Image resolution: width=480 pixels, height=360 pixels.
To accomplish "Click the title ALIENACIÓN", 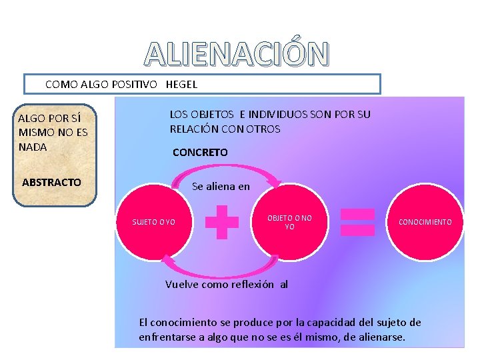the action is pos(237,55).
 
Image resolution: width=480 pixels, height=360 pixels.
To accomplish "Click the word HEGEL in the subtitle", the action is pos(181,85).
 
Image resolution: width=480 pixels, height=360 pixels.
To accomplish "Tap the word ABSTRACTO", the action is pos(51,182).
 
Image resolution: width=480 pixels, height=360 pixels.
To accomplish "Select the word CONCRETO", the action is pos(200,153).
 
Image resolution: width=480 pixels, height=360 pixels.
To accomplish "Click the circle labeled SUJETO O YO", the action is pos(154,222).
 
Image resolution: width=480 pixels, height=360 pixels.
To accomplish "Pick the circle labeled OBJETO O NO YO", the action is pos(289,222).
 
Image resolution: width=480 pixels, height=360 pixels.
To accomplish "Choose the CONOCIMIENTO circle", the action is pos(425,222).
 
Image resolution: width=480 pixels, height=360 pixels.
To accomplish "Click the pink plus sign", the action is pos(222,222).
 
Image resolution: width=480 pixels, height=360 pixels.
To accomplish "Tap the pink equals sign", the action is pos(357,222).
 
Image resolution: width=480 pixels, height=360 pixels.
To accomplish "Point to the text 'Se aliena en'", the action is pos(221,187).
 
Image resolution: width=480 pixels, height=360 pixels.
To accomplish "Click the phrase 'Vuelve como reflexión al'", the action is pos(226,284).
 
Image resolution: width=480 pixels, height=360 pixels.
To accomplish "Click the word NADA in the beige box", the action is pos(33,147).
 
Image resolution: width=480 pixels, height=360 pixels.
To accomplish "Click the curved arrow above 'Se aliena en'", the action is pos(227,171).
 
